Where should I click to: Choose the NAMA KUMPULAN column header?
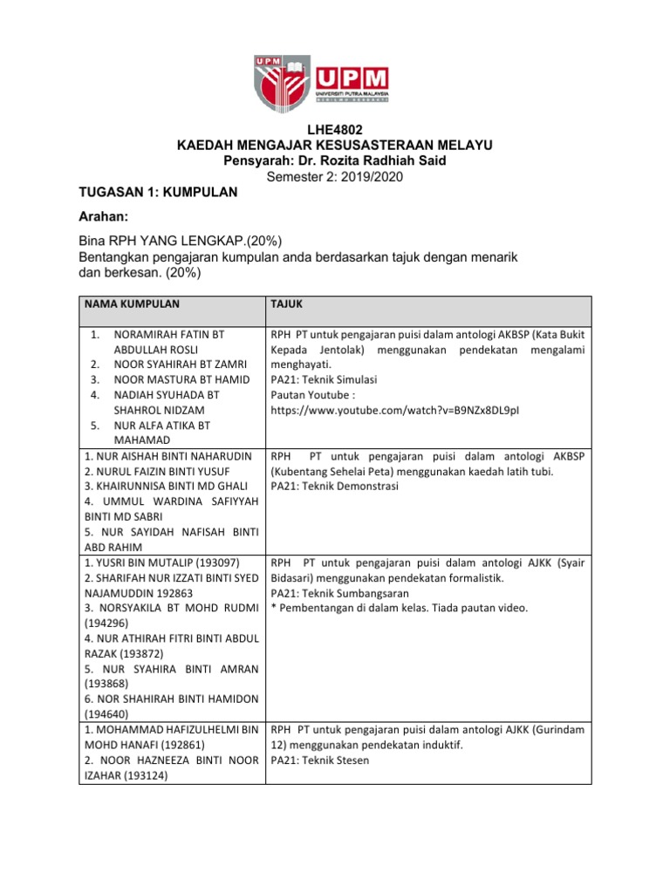[132, 303]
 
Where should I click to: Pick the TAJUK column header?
[288, 303]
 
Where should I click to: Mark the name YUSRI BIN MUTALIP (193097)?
[161, 562]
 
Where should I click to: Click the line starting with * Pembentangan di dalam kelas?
[399, 608]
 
